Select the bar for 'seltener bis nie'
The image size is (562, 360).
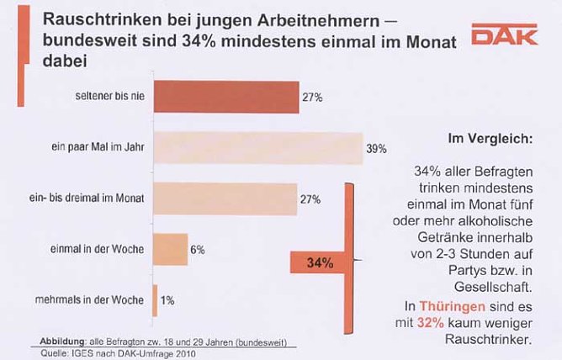click(x=226, y=97)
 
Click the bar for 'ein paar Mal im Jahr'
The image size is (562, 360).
click(x=257, y=148)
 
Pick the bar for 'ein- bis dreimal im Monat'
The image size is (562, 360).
click(x=226, y=199)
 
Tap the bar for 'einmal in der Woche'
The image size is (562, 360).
click(x=170, y=249)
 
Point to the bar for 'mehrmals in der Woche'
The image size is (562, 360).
click(x=155, y=299)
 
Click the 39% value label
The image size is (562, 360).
click(x=376, y=149)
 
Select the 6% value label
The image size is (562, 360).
click(x=198, y=250)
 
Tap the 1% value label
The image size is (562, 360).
click(x=168, y=300)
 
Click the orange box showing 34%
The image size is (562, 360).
click(x=320, y=263)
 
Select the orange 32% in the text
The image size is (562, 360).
click(x=432, y=323)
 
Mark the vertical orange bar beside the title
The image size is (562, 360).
click(x=21, y=55)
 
